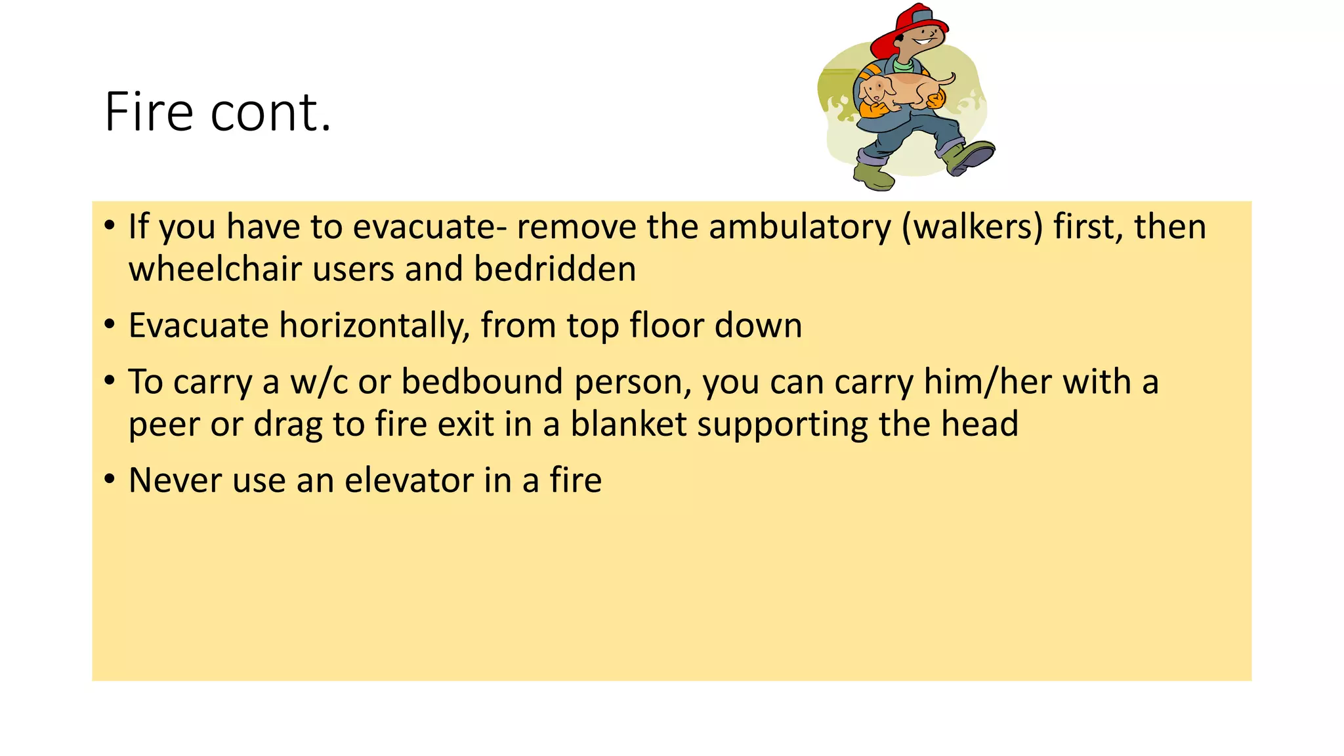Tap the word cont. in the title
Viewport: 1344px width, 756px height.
pos(270,112)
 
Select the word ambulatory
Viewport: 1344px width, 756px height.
pos(800,227)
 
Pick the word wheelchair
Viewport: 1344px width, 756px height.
pos(215,269)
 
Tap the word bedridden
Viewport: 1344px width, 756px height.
pos(555,269)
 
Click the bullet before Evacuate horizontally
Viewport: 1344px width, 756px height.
pos(110,324)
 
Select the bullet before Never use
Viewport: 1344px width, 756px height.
pos(110,479)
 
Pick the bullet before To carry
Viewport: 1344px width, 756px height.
pos(110,381)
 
